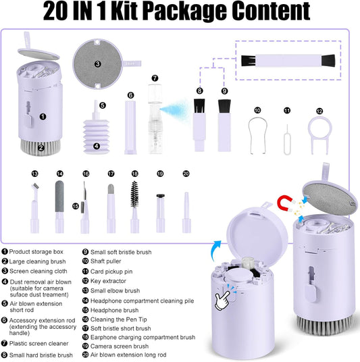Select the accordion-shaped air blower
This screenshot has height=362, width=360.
pyautogui.click(x=96, y=132)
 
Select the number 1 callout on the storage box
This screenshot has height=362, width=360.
pyautogui.click(x=43, y=116)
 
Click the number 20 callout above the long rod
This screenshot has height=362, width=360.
pyautogui.click(x=186, y=174)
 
